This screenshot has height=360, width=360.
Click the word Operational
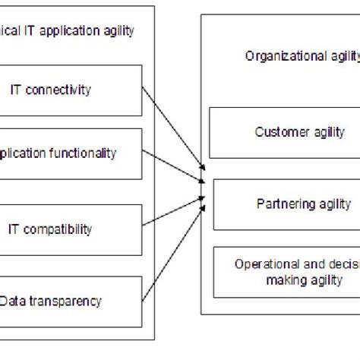[x=262, y=264]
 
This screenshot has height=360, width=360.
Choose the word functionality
[x=83, y=153]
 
